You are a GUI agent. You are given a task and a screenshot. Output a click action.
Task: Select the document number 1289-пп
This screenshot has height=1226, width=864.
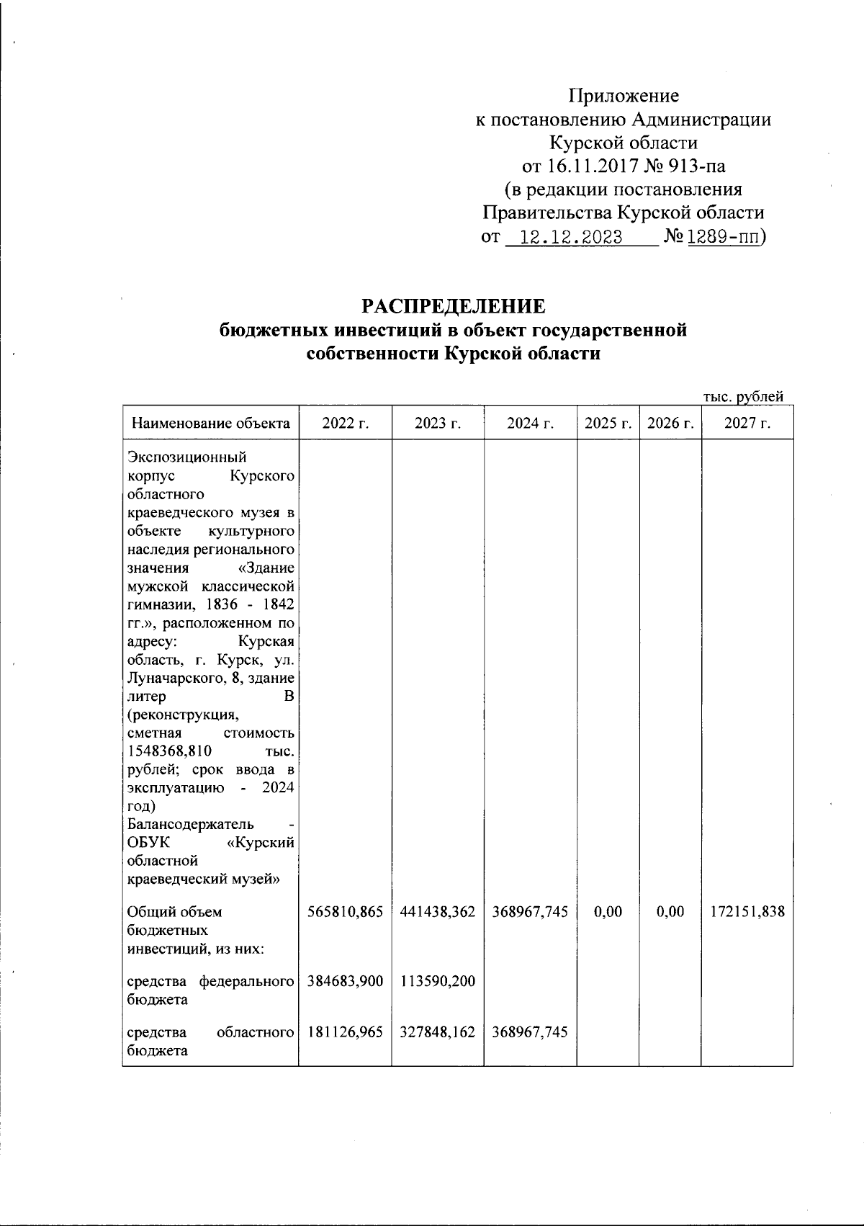point(724,238)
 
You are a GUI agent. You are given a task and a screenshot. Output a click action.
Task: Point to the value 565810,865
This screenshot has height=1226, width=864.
point(345,912)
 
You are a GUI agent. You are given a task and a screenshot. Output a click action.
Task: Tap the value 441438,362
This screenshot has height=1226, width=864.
point(438,912)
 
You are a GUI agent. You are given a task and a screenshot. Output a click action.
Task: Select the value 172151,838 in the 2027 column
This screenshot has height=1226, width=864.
point(747,912)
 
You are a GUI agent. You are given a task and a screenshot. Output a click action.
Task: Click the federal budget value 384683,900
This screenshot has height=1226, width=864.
point(345,981)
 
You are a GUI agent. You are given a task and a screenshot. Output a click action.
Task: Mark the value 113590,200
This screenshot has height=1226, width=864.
point(438,981)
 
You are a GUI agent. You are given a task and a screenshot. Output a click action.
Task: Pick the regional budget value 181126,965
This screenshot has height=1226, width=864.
point(345,1032)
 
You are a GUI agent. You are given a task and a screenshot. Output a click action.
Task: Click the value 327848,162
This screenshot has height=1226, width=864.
point(438,1032)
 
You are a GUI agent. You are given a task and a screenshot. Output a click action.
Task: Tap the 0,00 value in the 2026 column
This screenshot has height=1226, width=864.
point(670,912)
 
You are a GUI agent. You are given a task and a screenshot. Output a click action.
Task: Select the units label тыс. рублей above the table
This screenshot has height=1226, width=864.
point(742,396)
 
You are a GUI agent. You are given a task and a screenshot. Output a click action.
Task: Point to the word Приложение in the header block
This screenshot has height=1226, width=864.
point(624,96)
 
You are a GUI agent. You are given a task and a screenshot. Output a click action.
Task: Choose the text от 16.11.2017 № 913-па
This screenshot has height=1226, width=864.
point(624,166)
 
